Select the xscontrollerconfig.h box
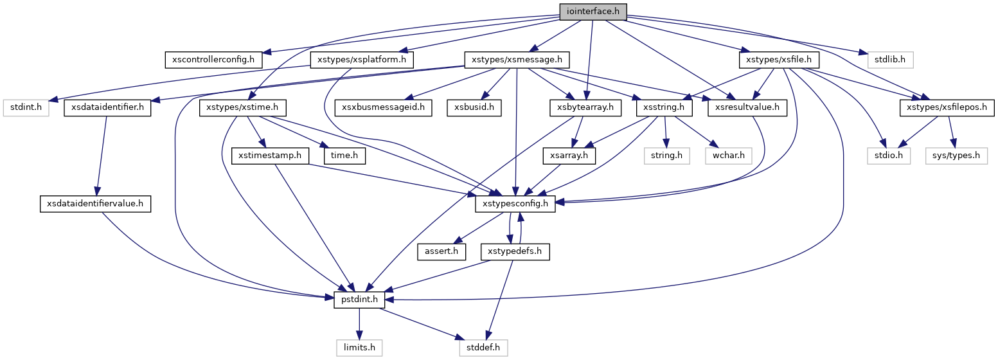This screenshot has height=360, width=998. pyautogui.click(x=214, y=60)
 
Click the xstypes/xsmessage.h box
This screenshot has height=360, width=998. pyautogui.click(x=517, y=60)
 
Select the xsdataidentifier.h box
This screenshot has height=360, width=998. pyautogui.click(x=107, y=107)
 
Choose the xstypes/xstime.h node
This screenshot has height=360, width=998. pyautogui.click(x=243, y=107)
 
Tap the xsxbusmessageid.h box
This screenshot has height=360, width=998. pyautogui.click(x=384, y=107)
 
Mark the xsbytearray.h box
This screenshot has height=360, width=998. pyautogui.click(x=585, y=107)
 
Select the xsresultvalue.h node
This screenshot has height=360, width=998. pyautogui.click(x=747, y=107)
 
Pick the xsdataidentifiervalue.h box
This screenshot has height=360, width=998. pyautogui.click(x=94, y=204)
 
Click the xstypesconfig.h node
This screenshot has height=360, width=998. pyautogui.click(x=515, y=204)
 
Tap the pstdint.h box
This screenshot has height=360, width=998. pyautogui.click(x=359, y=300)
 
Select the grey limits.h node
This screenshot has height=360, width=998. pyautogui.click(x=359, y=348)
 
